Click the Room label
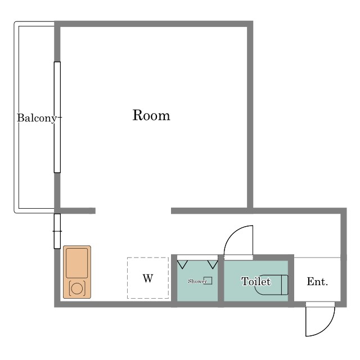coord(151,115)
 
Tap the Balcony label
coord(37,118)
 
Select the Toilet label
coord(256,281)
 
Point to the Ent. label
coord(317,281)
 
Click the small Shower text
coord(197,281)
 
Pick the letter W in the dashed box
coord(148,278)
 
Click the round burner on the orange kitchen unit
coord(76,289)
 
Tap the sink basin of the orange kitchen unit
coord(76,263)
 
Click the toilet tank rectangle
coord(285,285)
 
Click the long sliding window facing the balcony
coord(57,117)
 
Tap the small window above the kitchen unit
coord(57,231)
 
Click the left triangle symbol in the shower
coord(182,264)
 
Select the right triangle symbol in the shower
coord(213,264)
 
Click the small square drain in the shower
coord(208,281)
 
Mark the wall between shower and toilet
coord(221,281)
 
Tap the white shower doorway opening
coord(197,258)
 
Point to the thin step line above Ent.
coord(317,258)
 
